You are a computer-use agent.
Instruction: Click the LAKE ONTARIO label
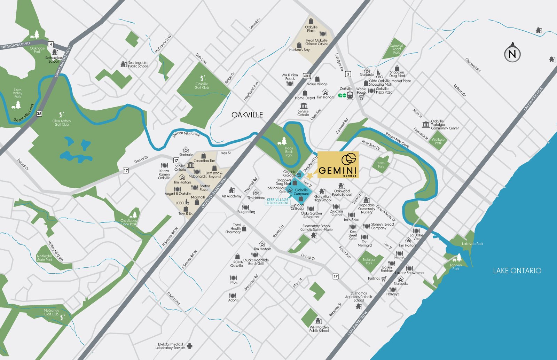517,271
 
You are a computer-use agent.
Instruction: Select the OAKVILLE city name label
247,115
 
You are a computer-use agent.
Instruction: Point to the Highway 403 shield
306,76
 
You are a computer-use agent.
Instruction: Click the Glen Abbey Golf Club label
62,123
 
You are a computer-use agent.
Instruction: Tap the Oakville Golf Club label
202,86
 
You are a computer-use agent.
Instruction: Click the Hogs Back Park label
289,152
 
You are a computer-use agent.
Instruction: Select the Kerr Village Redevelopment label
277,201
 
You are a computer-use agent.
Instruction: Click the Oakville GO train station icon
350,95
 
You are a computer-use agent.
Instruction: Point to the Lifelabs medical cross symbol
189,346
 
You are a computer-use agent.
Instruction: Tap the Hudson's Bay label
299,50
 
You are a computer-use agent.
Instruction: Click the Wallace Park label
438,141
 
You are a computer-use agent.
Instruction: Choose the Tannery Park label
456,267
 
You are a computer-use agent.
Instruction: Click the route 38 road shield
39,114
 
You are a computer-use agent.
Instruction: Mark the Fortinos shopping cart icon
384,279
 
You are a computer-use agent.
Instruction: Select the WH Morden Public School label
319,329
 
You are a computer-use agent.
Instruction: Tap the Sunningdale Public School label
138,64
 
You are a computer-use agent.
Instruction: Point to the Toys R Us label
185,214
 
